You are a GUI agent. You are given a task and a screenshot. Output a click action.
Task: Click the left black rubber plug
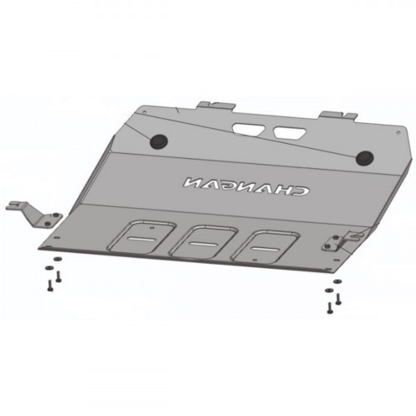tap(159, 141)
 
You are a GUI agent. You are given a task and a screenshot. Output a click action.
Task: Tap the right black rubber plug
tap(364, 158)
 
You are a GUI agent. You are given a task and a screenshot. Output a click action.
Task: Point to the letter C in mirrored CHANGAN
tap(300, 190)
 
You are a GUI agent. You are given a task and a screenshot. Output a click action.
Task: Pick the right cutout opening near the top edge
tap(290, 132)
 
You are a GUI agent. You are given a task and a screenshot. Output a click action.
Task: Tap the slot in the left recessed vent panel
tap(140, 239)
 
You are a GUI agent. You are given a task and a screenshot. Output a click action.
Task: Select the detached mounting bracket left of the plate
tap(36, 215)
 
